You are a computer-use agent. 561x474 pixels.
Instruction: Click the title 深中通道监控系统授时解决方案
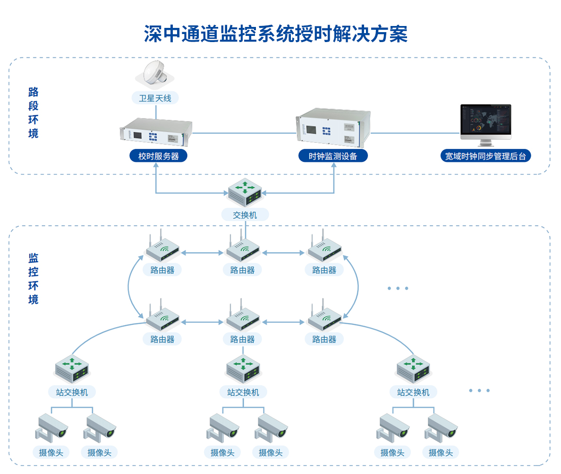(x=275, y=34)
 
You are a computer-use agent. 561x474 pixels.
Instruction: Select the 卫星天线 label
(x=155, y=98)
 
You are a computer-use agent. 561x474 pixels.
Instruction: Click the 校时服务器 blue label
(x=158, y=156)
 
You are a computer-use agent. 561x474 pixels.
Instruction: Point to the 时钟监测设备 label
(x=332, y=156)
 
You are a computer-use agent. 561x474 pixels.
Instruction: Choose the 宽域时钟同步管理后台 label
(x=485, y=156)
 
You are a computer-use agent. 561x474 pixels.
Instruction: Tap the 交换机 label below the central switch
(x=245, y=215)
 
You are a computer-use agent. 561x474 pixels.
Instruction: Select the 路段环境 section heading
(x=33, y=112)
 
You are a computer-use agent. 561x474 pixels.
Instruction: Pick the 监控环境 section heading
(x=33, y=278)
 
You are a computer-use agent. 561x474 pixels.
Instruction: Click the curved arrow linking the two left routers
(x=128, y=285)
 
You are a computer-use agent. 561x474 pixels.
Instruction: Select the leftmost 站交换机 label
(x=72, y=392)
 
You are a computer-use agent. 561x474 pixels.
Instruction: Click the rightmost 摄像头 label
(x=441, y=452)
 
